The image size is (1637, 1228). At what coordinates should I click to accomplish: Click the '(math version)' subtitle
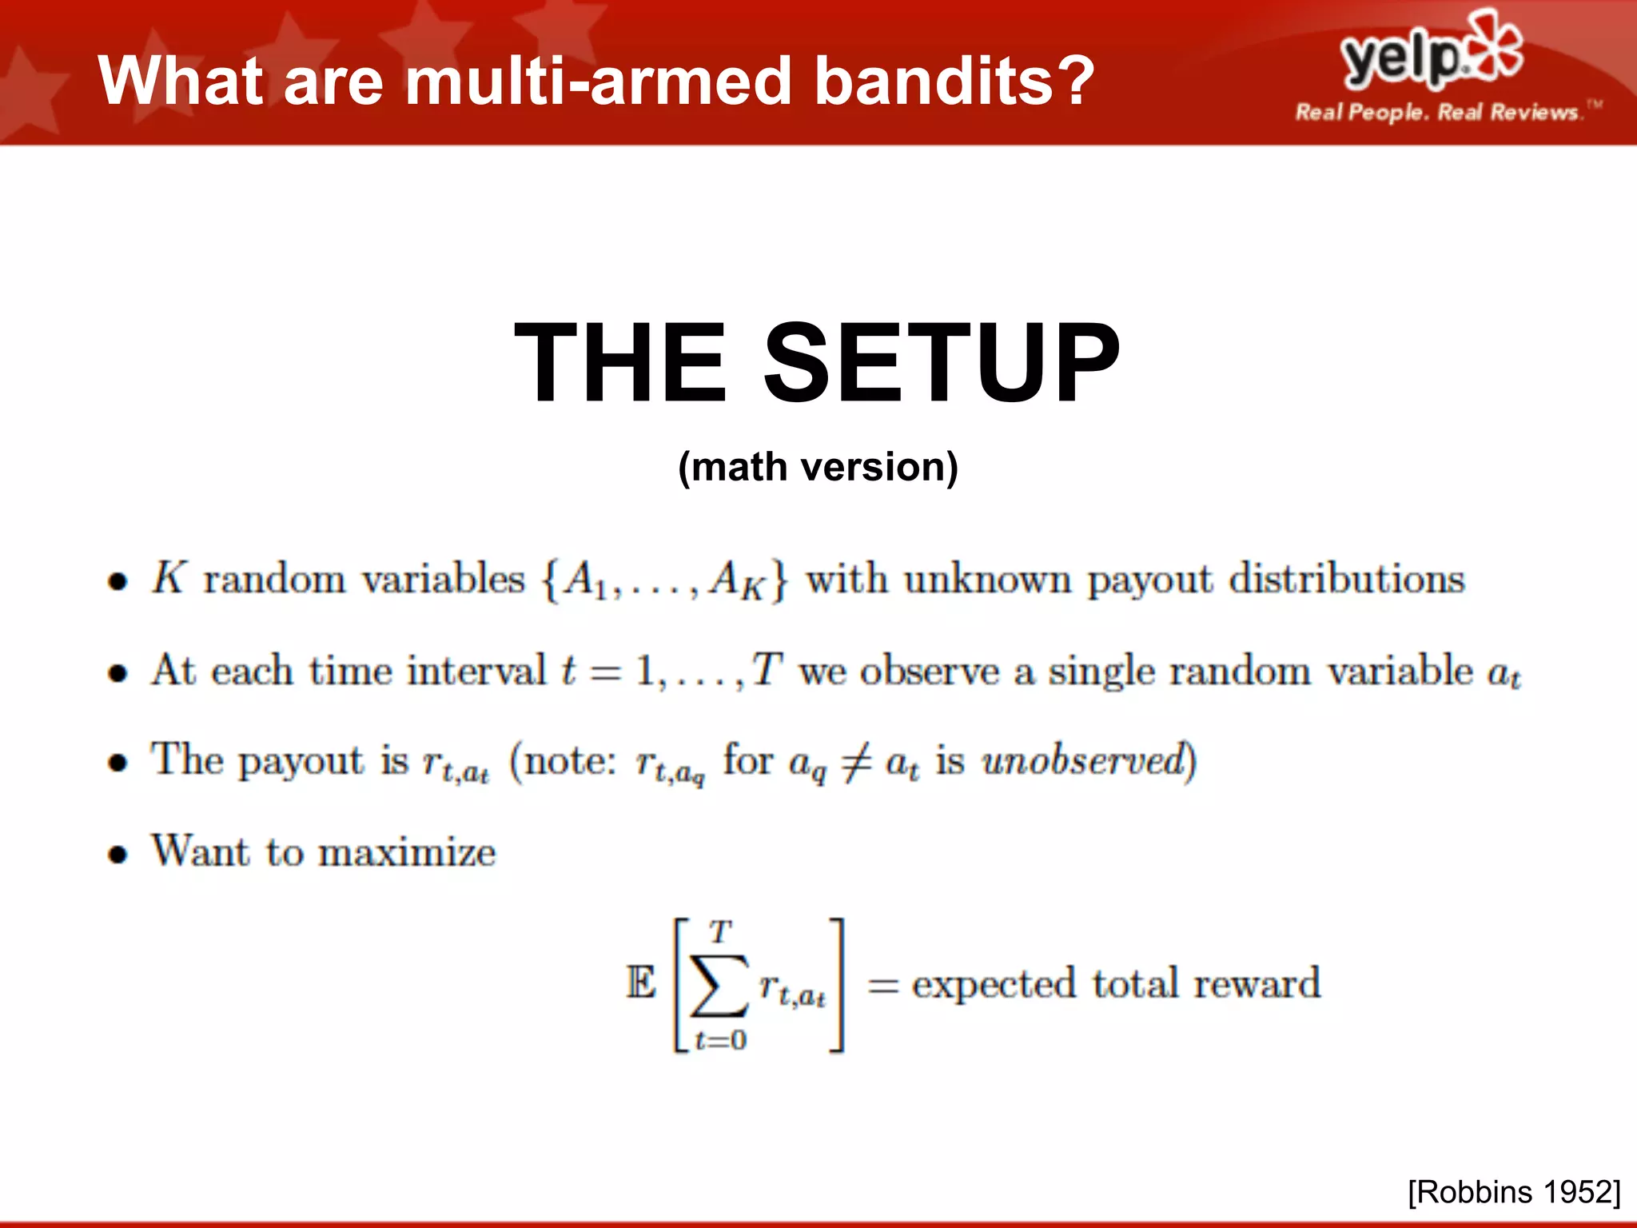point(818,467)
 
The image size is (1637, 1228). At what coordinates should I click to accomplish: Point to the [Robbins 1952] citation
point(1514,1192)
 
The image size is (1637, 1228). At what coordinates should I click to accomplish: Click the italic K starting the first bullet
point(169,577)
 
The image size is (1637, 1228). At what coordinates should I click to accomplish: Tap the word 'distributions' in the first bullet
point(1346,579)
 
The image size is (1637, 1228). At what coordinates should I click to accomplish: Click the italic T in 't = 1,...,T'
point(766,669)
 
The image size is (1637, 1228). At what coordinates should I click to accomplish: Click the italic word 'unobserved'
point(1083,760)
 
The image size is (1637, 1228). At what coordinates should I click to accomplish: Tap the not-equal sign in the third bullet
point(856,762)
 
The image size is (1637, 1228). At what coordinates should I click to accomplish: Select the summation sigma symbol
point(719,985)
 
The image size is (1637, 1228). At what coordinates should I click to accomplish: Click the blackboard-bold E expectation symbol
point(640,983)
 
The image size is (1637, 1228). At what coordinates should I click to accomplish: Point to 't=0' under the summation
point(720,1040)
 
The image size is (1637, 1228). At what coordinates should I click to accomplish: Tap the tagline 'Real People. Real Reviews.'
point(1436,112)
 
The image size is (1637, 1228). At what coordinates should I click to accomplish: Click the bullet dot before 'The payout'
point(118,763)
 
